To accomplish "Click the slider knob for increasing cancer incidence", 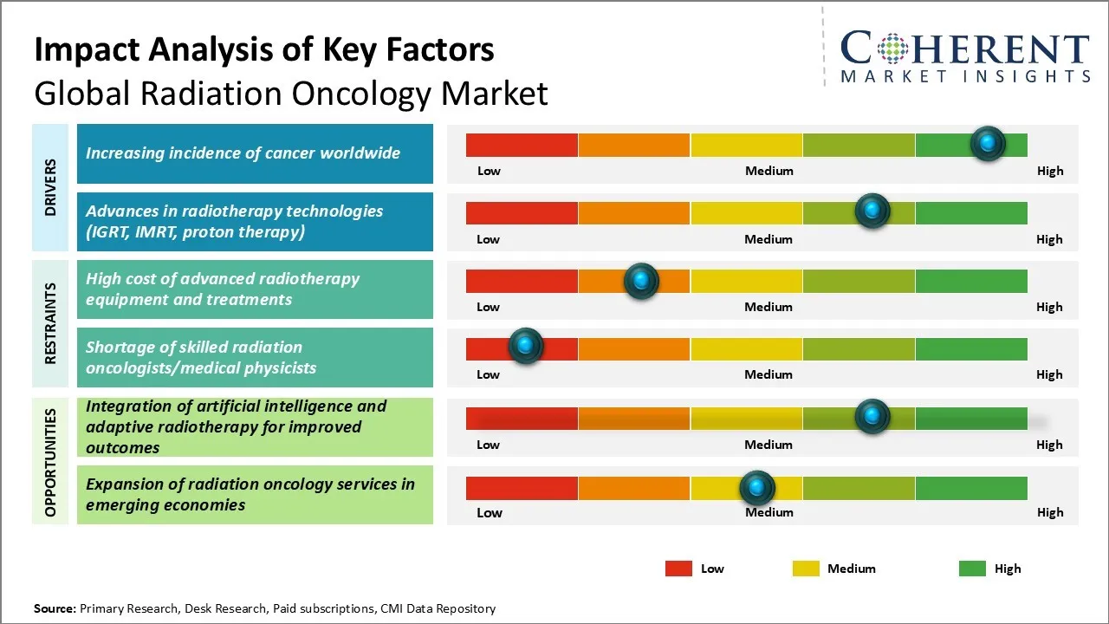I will click(988, 143).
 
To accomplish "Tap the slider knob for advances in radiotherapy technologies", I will click(872, 211).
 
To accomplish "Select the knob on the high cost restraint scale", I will click(641, 281).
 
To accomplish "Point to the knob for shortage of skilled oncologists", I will click(525, 346).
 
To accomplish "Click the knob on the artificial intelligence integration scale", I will click(872, 416).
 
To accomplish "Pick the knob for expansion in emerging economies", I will click(757, 488).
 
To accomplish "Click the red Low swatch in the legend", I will click(678, 569).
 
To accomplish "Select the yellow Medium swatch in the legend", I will click(806, 569).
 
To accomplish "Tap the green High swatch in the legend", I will click(972, 569).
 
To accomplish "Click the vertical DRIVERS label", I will click(50, 187).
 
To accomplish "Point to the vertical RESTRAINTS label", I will click(50, 323).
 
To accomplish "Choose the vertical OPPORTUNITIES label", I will click(50, 462).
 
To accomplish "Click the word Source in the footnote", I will click(55, 608).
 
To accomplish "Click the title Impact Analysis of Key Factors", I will click(264, 49).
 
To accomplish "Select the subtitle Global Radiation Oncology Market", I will click(291, 93).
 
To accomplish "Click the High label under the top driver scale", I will click(1049, 171).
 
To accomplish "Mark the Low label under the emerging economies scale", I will click(489, 512).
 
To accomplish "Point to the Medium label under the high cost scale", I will click(769, 307).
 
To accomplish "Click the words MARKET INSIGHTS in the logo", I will click(965, 76).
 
